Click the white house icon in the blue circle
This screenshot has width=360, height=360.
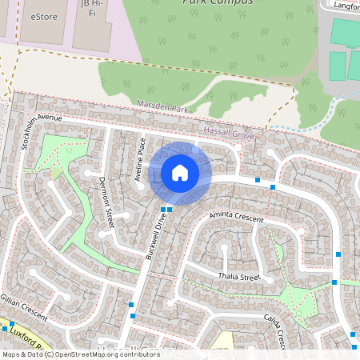click(x=180, y=172)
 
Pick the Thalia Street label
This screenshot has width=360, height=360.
click(x=239, y=277)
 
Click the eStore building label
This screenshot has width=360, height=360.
click(x=46, y=16)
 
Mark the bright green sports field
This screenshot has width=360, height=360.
click(x=344, y=34)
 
